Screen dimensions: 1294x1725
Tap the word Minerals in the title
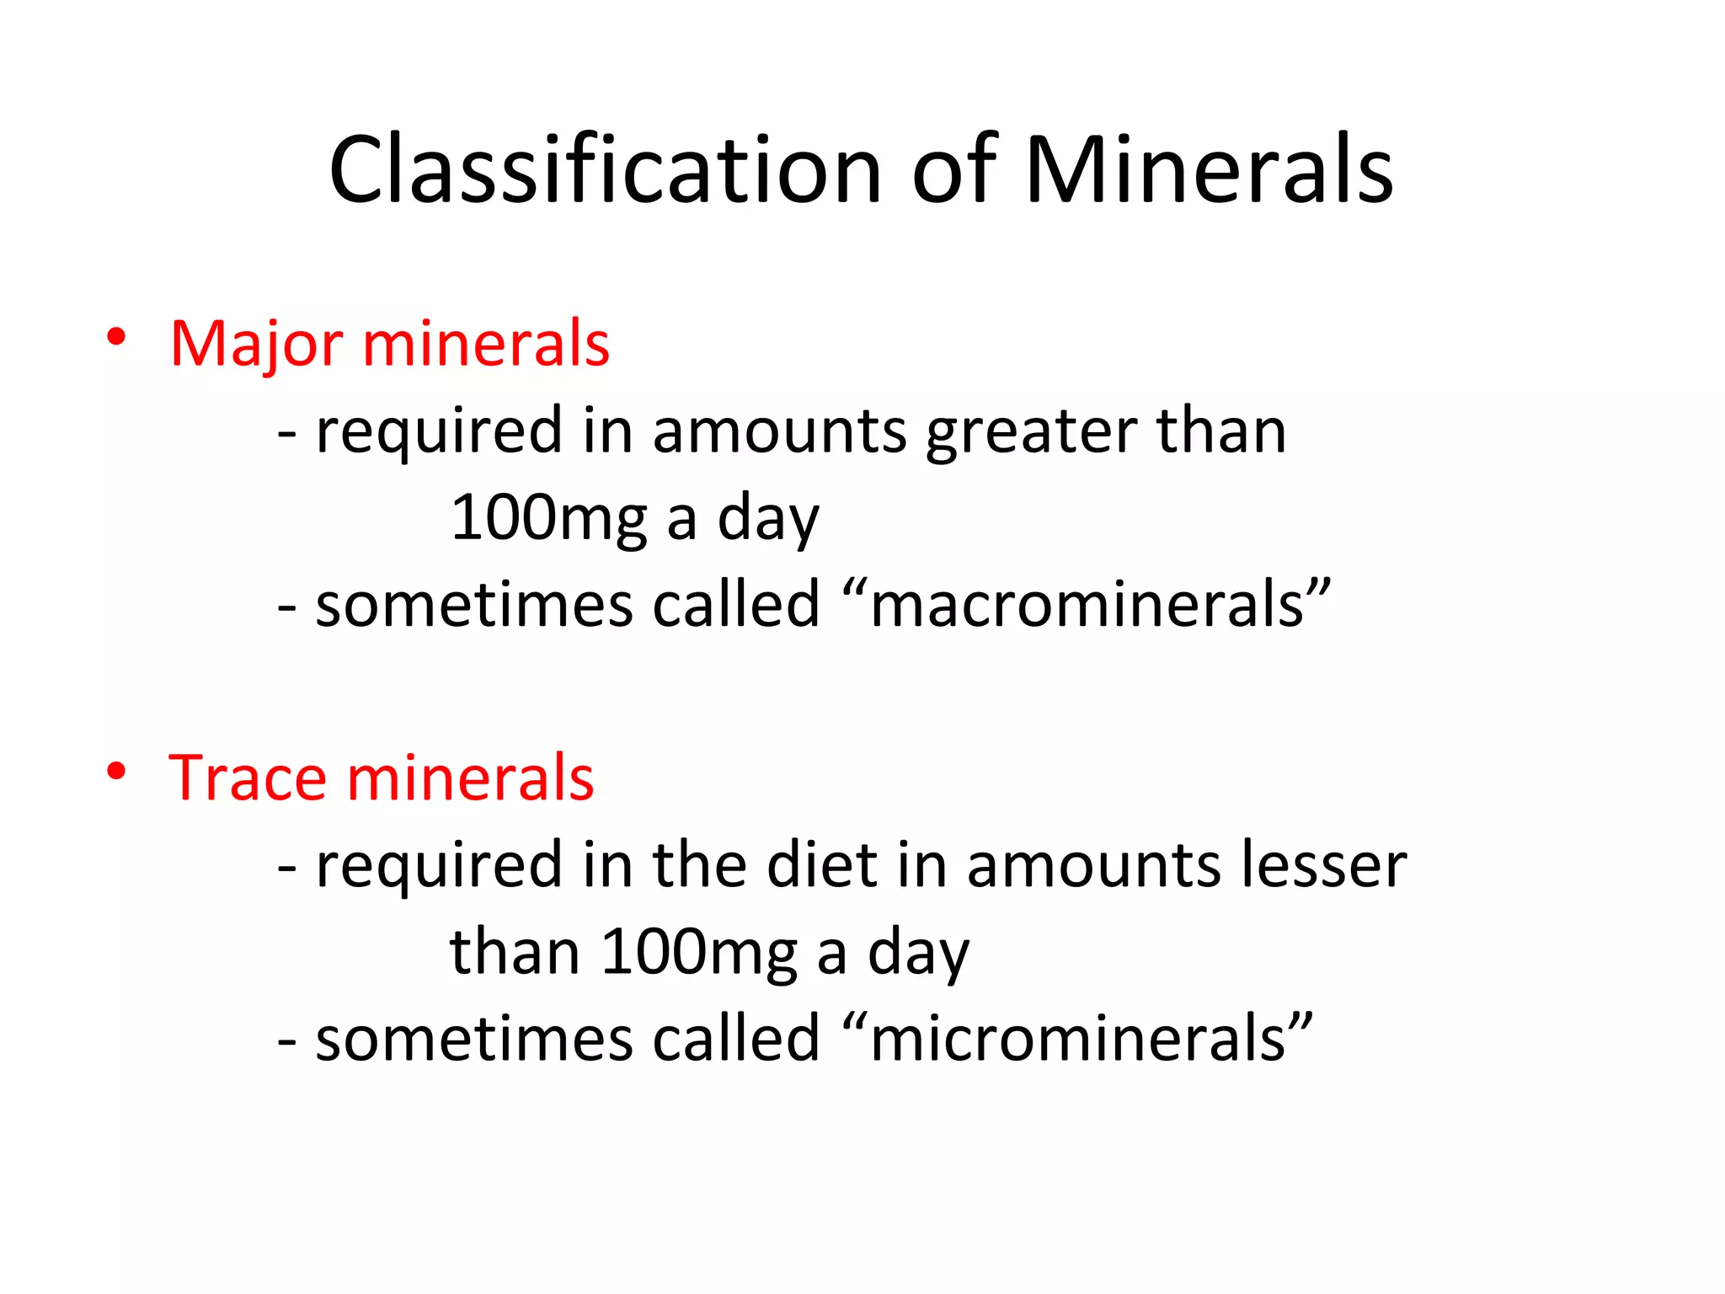1209,170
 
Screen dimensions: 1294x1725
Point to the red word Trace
247,778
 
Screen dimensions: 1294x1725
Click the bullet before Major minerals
116,338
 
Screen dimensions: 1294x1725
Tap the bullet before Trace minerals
116,771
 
